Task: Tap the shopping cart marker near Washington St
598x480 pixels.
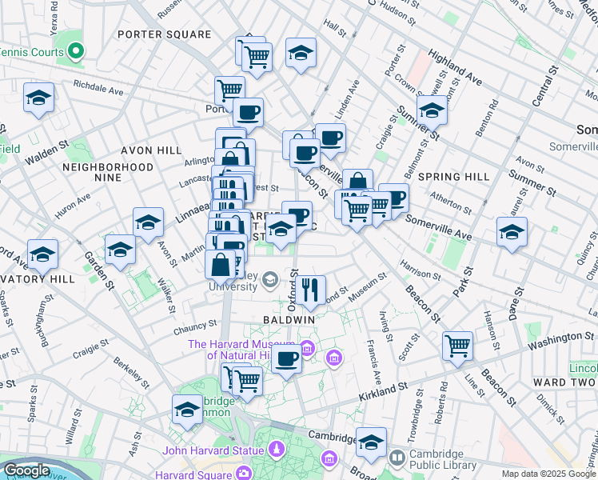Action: [457, 346]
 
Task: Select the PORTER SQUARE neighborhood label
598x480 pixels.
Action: [164, 34]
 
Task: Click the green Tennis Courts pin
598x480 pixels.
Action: [76, 51]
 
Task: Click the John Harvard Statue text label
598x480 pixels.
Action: [213, 450]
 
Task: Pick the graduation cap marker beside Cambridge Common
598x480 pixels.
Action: [187, 409]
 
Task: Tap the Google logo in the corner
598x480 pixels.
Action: [27, 470]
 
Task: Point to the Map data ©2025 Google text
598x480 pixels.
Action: [549, 474]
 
